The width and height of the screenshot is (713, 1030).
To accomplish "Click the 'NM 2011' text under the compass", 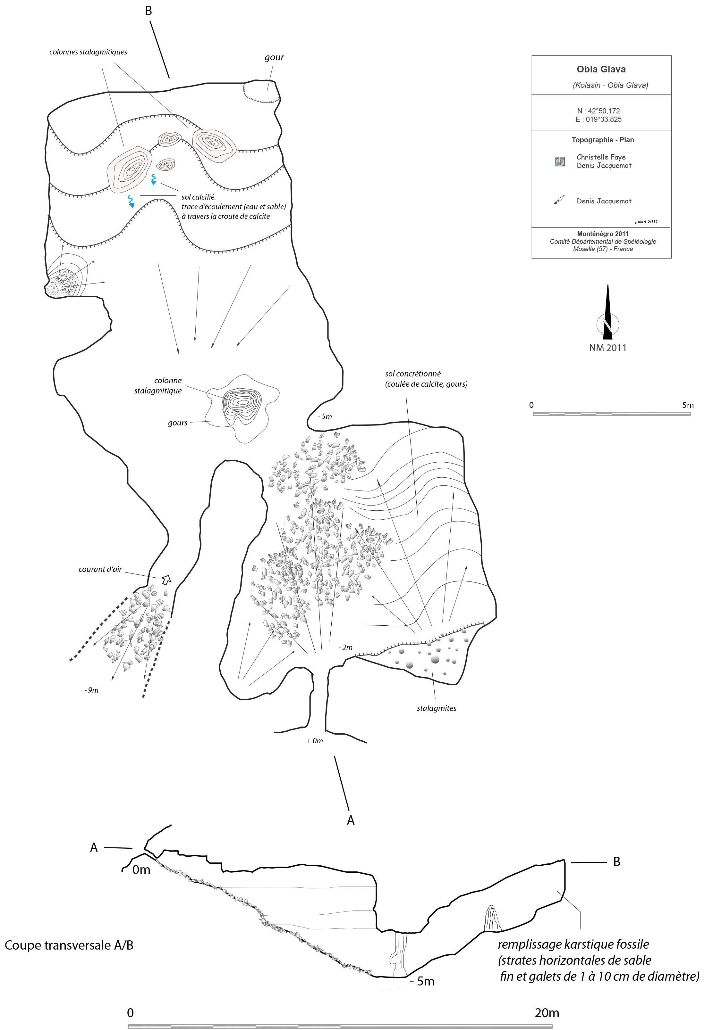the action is (607, 348).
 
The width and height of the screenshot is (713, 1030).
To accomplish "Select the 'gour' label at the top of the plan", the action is (274, 58).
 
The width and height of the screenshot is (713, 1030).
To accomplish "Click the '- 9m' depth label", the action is (92, 690).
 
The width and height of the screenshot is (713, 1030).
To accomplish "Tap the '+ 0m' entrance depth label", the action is (315, 741).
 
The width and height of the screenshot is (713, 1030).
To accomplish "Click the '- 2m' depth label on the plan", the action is (345, 647).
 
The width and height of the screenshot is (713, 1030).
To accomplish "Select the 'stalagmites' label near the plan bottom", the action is (437, 708).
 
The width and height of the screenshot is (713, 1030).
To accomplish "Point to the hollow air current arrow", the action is (166, 580).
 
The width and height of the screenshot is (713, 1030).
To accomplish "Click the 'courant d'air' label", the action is (100, 569).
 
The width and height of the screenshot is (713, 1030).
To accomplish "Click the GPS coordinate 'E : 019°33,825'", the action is (598, 119).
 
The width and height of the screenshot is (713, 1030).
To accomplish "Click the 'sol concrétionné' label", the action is (413, 374).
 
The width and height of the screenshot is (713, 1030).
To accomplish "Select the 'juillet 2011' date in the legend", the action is (646, 221).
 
